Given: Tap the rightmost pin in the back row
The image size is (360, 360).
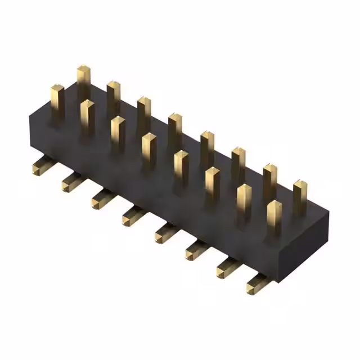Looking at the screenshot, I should click(x=300, y=195).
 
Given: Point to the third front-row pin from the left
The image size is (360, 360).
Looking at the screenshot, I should click(x=118, y=133).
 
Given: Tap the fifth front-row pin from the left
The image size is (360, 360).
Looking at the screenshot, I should click(x=181, y=167).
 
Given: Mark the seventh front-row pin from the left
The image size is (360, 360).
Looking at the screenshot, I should click(x=244, y=201).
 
